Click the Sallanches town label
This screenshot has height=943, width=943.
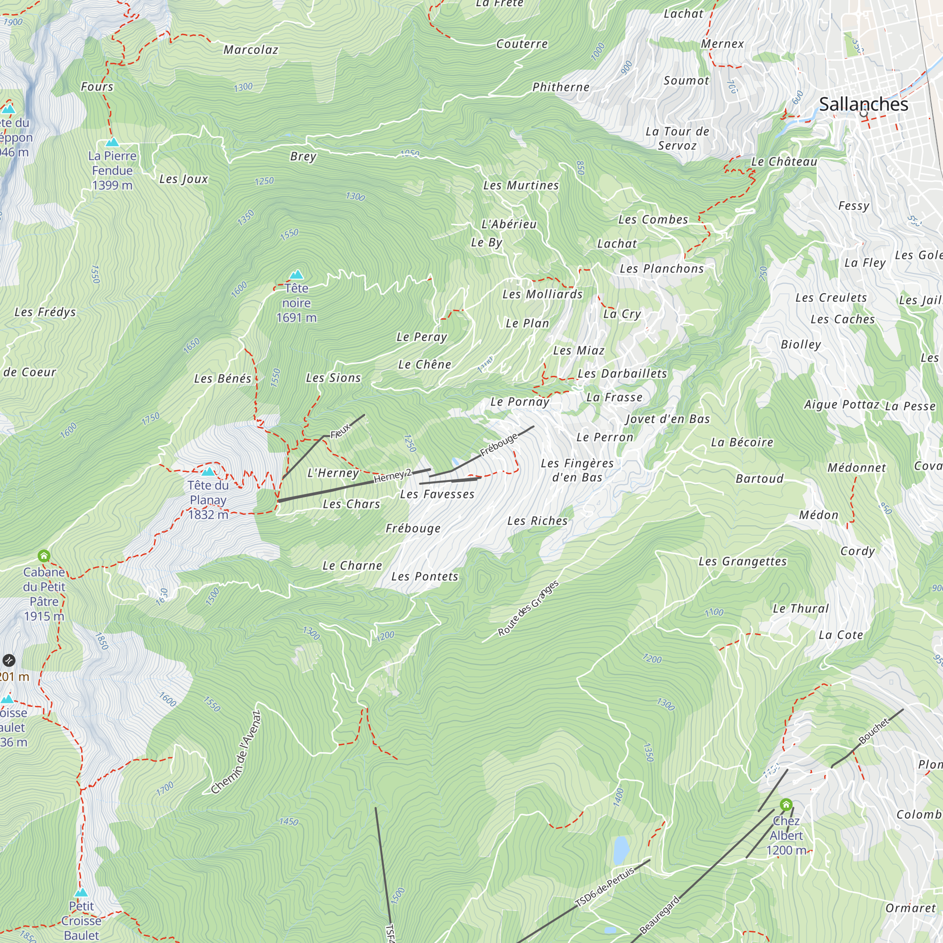pos(863,104)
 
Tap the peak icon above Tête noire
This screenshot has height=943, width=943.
pos(296,274)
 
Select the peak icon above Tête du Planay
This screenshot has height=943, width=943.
pos(208,471)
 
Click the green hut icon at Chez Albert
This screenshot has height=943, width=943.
pos(786,804)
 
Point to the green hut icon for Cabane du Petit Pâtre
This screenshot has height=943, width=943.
pos(44,555)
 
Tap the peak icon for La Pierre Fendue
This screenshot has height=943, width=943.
pos(112,142)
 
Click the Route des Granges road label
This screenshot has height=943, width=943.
pos(528,608)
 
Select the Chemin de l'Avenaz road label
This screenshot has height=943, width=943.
pos(236,752)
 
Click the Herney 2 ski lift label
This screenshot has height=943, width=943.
pos(393,476)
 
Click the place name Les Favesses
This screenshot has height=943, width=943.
pos(437,495)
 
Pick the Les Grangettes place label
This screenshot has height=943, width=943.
pos(743,561)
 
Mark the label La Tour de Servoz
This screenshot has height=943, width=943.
pos(677,138)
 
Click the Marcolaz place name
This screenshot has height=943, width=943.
pos(251,50)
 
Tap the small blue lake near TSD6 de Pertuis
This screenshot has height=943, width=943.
pos(620,850)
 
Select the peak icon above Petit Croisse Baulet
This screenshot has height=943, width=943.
pos(81,892)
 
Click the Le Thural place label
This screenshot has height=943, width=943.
pos(801,609)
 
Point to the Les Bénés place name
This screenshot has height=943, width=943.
pos(223,378)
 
